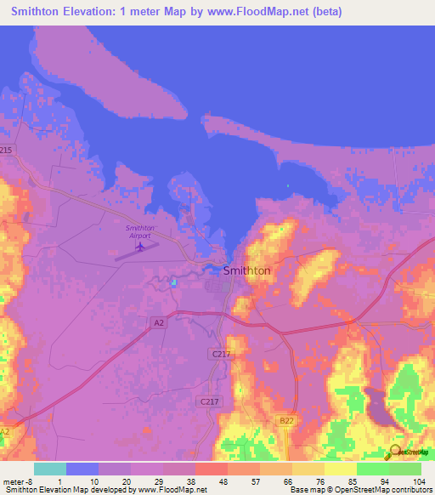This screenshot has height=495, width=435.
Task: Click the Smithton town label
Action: (246, 270)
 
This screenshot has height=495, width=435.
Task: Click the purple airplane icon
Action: (140, 247)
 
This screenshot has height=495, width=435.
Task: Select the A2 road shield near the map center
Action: (158, 322)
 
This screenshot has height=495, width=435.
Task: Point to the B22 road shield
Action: (287, 419)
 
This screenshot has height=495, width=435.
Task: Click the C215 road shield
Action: (7, 150)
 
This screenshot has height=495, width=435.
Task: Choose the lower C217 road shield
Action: (207, 401)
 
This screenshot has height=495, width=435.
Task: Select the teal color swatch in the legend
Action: (50, 469)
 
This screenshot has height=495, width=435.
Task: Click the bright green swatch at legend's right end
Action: (405, 469)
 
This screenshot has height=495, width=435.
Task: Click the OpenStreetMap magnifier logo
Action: (396, 452)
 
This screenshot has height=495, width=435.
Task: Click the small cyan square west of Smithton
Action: (173, 282)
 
